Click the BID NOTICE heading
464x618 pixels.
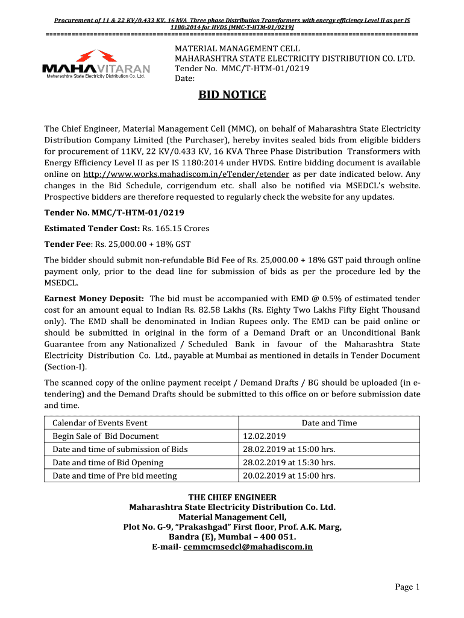tap(232, 95)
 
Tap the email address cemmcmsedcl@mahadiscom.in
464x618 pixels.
tap(248, 547)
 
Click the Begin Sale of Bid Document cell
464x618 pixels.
tap(105, 436)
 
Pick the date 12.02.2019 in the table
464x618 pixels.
tap(264, 436)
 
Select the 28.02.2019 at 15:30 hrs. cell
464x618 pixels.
tap(289, 462)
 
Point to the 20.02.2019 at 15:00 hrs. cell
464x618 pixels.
tap(289, 476)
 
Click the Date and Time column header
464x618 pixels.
tap(329, 422)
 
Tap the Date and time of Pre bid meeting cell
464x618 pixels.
tap(114, 476)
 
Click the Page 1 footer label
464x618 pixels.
tap(407, 587)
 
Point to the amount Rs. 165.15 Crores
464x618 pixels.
tap(175, 229)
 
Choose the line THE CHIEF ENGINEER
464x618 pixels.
tap(232, 497)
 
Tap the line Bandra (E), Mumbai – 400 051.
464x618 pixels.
tap(232, 537)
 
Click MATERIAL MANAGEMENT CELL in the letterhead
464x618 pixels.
tap(237, 48)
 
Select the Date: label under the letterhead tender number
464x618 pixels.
tap(184, 79)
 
